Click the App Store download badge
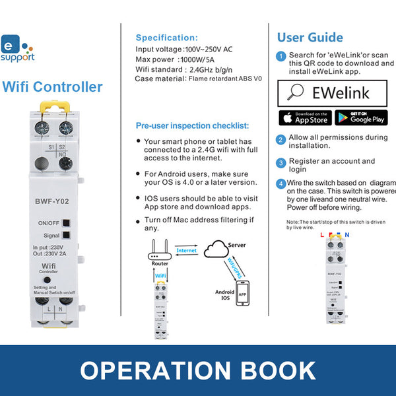click(304, 117)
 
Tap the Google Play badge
click(360, 117)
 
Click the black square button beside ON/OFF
click(67, 222)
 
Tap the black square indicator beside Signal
click(67, 235)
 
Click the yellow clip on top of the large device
click(53, 104)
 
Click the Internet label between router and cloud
click(186, 251)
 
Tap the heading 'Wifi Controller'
click(53, 86)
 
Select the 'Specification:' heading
click(166, 38)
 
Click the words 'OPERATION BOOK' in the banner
click(198, 370)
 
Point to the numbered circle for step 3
click(281, 162)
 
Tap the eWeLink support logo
click(15, 50)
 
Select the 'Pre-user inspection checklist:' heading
click(192, 125)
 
